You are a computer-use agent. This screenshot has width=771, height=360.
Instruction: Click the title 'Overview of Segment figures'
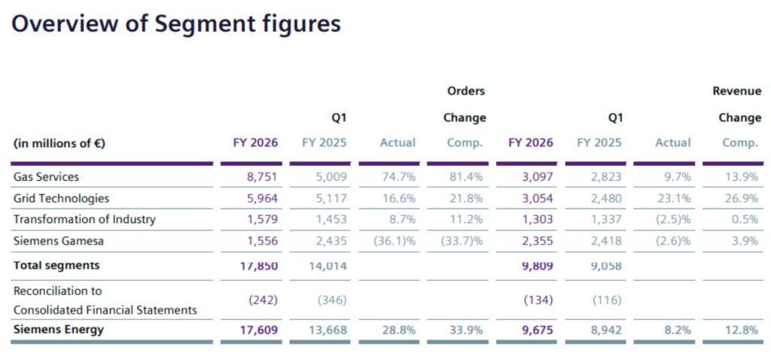coord(176,24)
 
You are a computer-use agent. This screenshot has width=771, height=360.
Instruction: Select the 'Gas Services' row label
coord(46,177)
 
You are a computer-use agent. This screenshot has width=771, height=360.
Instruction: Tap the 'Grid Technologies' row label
coord(61,198)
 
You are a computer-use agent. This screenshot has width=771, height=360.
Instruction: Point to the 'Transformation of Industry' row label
coord(84,219)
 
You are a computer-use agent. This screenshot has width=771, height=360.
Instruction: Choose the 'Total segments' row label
coord(56,265)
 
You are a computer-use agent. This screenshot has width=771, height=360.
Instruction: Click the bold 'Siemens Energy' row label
coord(59,329)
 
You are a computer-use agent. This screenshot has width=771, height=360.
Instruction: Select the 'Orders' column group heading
coord(466,91)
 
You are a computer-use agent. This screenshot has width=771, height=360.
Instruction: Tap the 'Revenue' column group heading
coord(736,91)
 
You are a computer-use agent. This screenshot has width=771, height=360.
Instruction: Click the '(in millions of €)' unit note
coord(59,143)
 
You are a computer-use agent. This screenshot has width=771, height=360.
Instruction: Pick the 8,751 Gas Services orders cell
coord(262,177)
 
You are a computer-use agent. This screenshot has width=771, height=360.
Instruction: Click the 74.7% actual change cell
coord(398,177)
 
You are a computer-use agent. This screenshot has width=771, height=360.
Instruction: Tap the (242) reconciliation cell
coord(263,300)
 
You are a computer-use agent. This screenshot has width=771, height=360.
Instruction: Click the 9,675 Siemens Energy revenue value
coord(537,330)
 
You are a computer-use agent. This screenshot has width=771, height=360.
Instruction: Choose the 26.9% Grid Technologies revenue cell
coord(741,198)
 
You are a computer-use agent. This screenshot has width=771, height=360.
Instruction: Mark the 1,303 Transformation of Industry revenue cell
coord(537,219)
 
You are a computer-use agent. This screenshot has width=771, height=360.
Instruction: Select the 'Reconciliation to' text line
coord(57,291)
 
